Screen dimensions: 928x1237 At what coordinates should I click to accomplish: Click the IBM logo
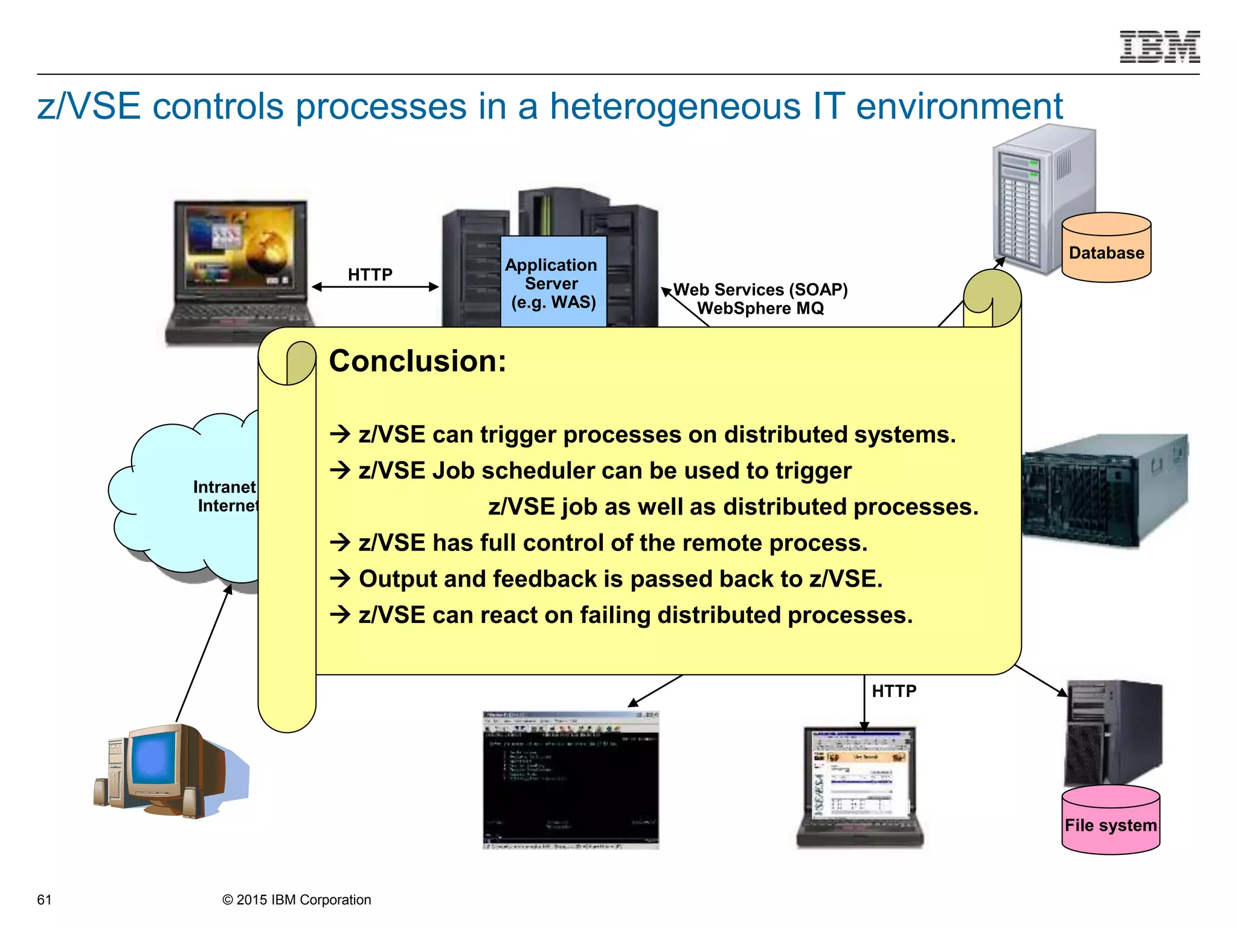click(x=1159, y=47)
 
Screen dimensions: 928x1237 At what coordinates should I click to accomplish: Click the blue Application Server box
click(x=553, y=283)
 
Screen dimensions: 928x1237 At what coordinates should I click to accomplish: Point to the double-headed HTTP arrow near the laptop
click(x=375, y=287)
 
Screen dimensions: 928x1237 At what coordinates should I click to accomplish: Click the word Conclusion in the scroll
click(x=417, y=361)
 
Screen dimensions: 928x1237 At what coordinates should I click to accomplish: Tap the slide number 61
click(x=44, y=900)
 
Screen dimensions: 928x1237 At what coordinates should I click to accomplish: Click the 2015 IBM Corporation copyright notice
click(x=297, y=900)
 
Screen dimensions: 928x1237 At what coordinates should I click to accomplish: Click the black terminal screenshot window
click(x=570, y=779)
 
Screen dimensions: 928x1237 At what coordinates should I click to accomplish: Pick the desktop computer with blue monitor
click(x=163, y=770)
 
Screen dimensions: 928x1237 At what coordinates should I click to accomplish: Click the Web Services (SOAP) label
click(x=760, y=290)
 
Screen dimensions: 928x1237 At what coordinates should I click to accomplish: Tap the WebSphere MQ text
click(x=760, y=309)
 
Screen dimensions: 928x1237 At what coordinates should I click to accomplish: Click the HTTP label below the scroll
click(x=894, y=691)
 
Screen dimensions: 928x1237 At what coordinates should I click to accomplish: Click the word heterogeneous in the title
click(x=675, y=106)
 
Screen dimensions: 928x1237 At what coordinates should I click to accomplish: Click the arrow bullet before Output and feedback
click(x=341, y=579)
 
